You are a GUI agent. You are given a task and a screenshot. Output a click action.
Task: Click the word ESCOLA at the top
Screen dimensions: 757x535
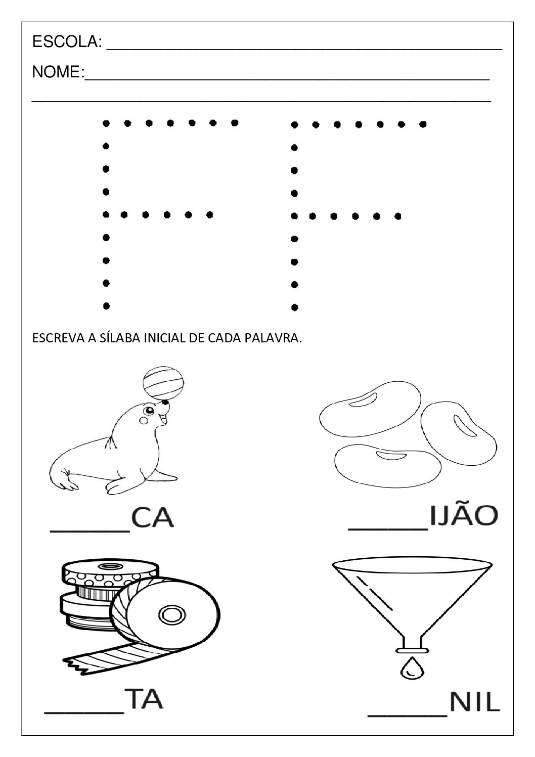(66, 42)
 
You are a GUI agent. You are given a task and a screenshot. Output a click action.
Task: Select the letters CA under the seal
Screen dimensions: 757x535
(153, 518)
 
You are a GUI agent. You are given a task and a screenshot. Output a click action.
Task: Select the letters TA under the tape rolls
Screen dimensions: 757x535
(144, 700)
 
